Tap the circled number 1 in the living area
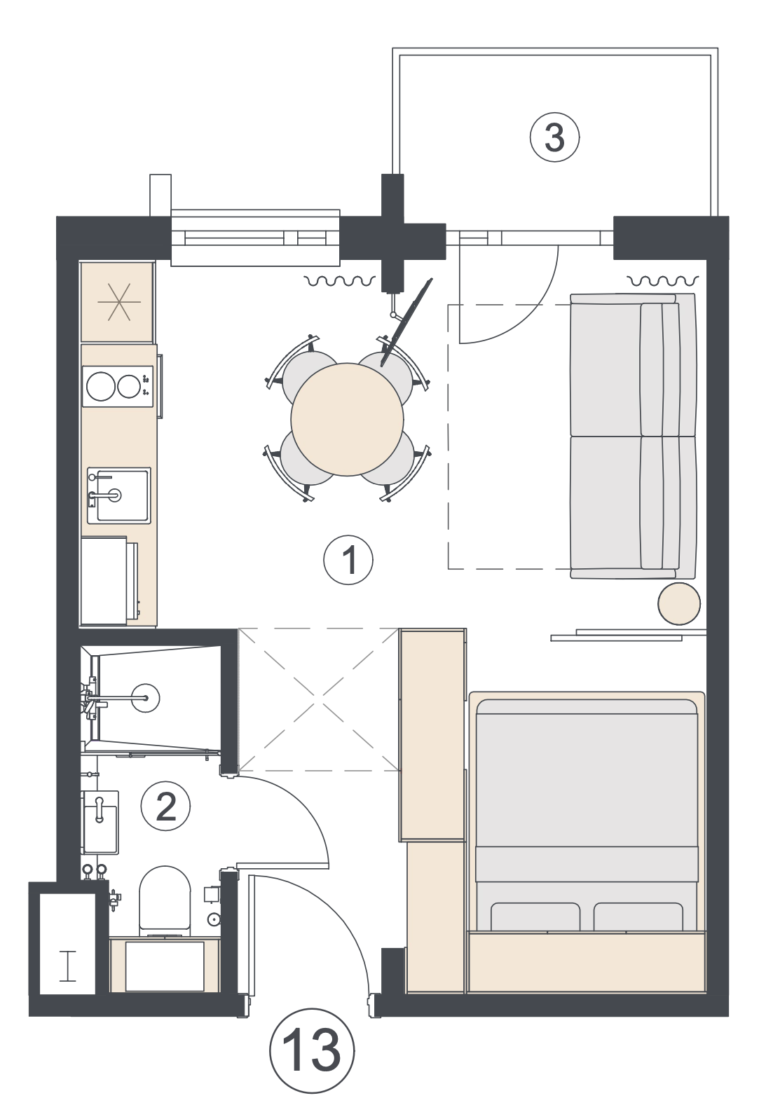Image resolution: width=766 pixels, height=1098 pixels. click(348, 560)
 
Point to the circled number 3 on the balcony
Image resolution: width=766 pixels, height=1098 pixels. click(554, 138)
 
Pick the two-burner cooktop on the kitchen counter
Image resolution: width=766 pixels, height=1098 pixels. click(118, 386)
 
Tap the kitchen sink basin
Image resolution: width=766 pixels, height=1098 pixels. click(119, 495)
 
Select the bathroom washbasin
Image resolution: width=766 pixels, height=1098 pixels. click(101, 821)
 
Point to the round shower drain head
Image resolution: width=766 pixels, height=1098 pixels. click(146, 697)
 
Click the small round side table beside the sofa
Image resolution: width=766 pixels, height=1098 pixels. click(678, 604)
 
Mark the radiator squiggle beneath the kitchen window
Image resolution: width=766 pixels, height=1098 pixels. click(340, 281)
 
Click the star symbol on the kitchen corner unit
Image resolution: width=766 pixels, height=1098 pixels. click(119, 302)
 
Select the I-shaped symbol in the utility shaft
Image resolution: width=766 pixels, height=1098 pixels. click(68, 966)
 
